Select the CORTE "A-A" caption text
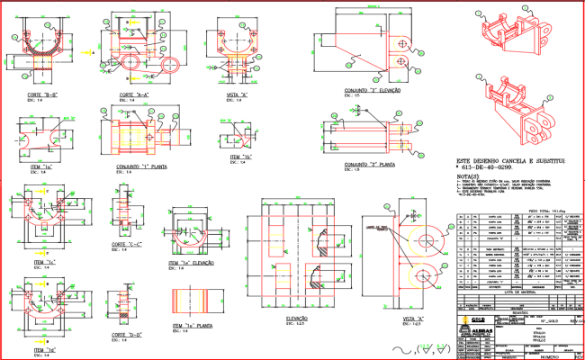[134, 94]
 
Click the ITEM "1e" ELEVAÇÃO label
[191, 263]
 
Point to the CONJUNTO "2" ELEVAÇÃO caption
[372, 90]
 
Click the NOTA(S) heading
[461, 177]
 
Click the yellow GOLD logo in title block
[479, 319]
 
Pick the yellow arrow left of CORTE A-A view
[93, 54]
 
